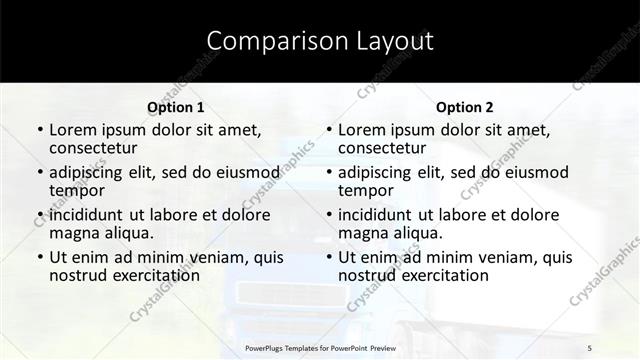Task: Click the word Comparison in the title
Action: point(266,41)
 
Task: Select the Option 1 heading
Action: point(176,107)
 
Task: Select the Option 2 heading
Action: point(464,107)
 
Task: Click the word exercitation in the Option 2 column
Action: point(440,275)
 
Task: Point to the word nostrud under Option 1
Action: point(79,275)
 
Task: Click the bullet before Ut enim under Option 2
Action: point(329,257)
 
